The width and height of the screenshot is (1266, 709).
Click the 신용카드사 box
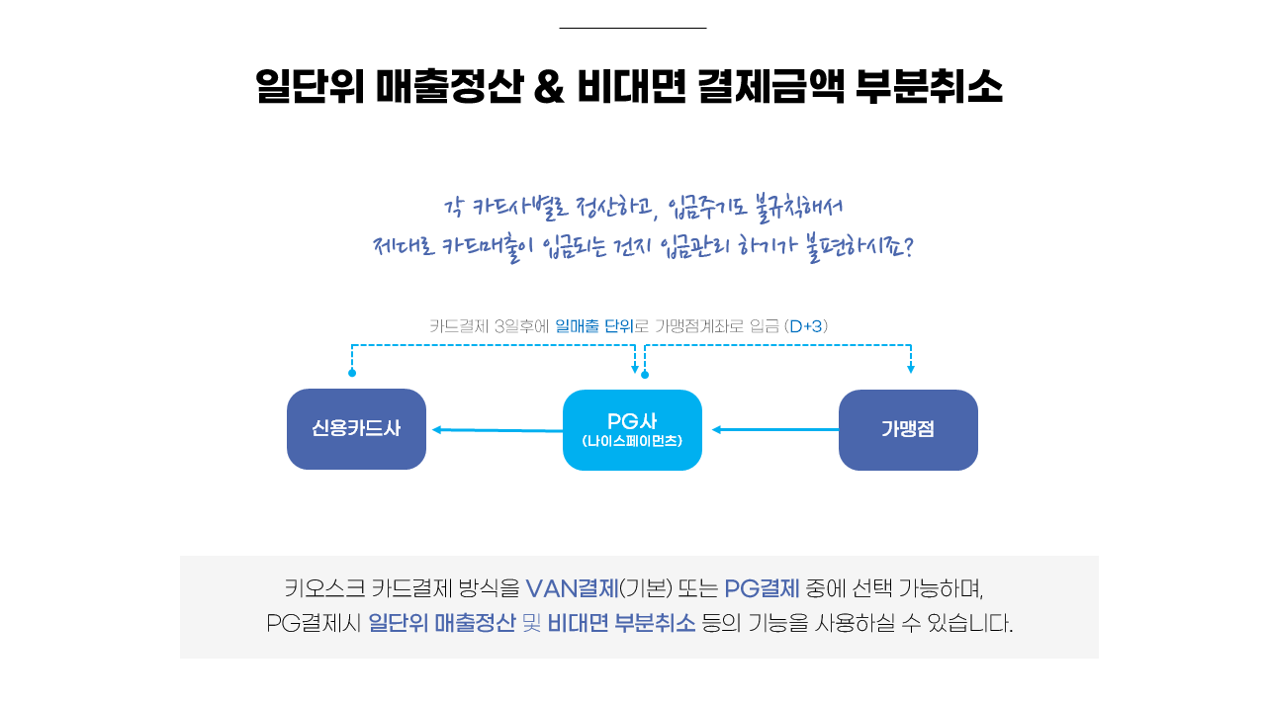[x=356, y=429]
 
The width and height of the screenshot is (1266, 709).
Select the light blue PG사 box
[x=632, y=430]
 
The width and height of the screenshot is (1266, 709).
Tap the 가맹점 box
[x=908, y=430]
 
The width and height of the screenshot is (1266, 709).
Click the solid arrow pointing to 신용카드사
[x=497, y=430]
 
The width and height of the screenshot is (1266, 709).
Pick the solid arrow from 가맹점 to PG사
[x=775, y=430]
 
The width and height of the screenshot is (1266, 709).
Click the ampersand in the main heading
[x=549, y=86]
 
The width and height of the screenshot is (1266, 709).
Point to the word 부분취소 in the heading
[x=929, y=86]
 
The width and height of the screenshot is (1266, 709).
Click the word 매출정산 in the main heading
[x=449, y=86]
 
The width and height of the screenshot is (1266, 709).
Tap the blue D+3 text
[x=806, y=326]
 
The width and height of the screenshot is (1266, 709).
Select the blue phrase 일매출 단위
[x=594, y=326]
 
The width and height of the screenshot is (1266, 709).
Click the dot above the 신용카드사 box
[x=352, y=373]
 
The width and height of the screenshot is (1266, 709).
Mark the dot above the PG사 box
[x=645, y=375]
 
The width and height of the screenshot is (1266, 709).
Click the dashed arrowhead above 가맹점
[x=911, y=369]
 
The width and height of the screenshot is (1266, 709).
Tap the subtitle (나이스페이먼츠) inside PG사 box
[x=632, y=441]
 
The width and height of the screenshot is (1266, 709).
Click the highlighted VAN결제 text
[x=572, y=588]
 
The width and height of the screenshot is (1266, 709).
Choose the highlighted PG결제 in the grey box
[x=762, y=588]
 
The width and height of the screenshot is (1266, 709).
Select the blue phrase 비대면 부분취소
[x=622, y=623]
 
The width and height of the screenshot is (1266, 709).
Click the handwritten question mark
[x=908, y=247]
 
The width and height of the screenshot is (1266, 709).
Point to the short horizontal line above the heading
[x=633, y=28]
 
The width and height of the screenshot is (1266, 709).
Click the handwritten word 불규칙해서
[x=798, y=208]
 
